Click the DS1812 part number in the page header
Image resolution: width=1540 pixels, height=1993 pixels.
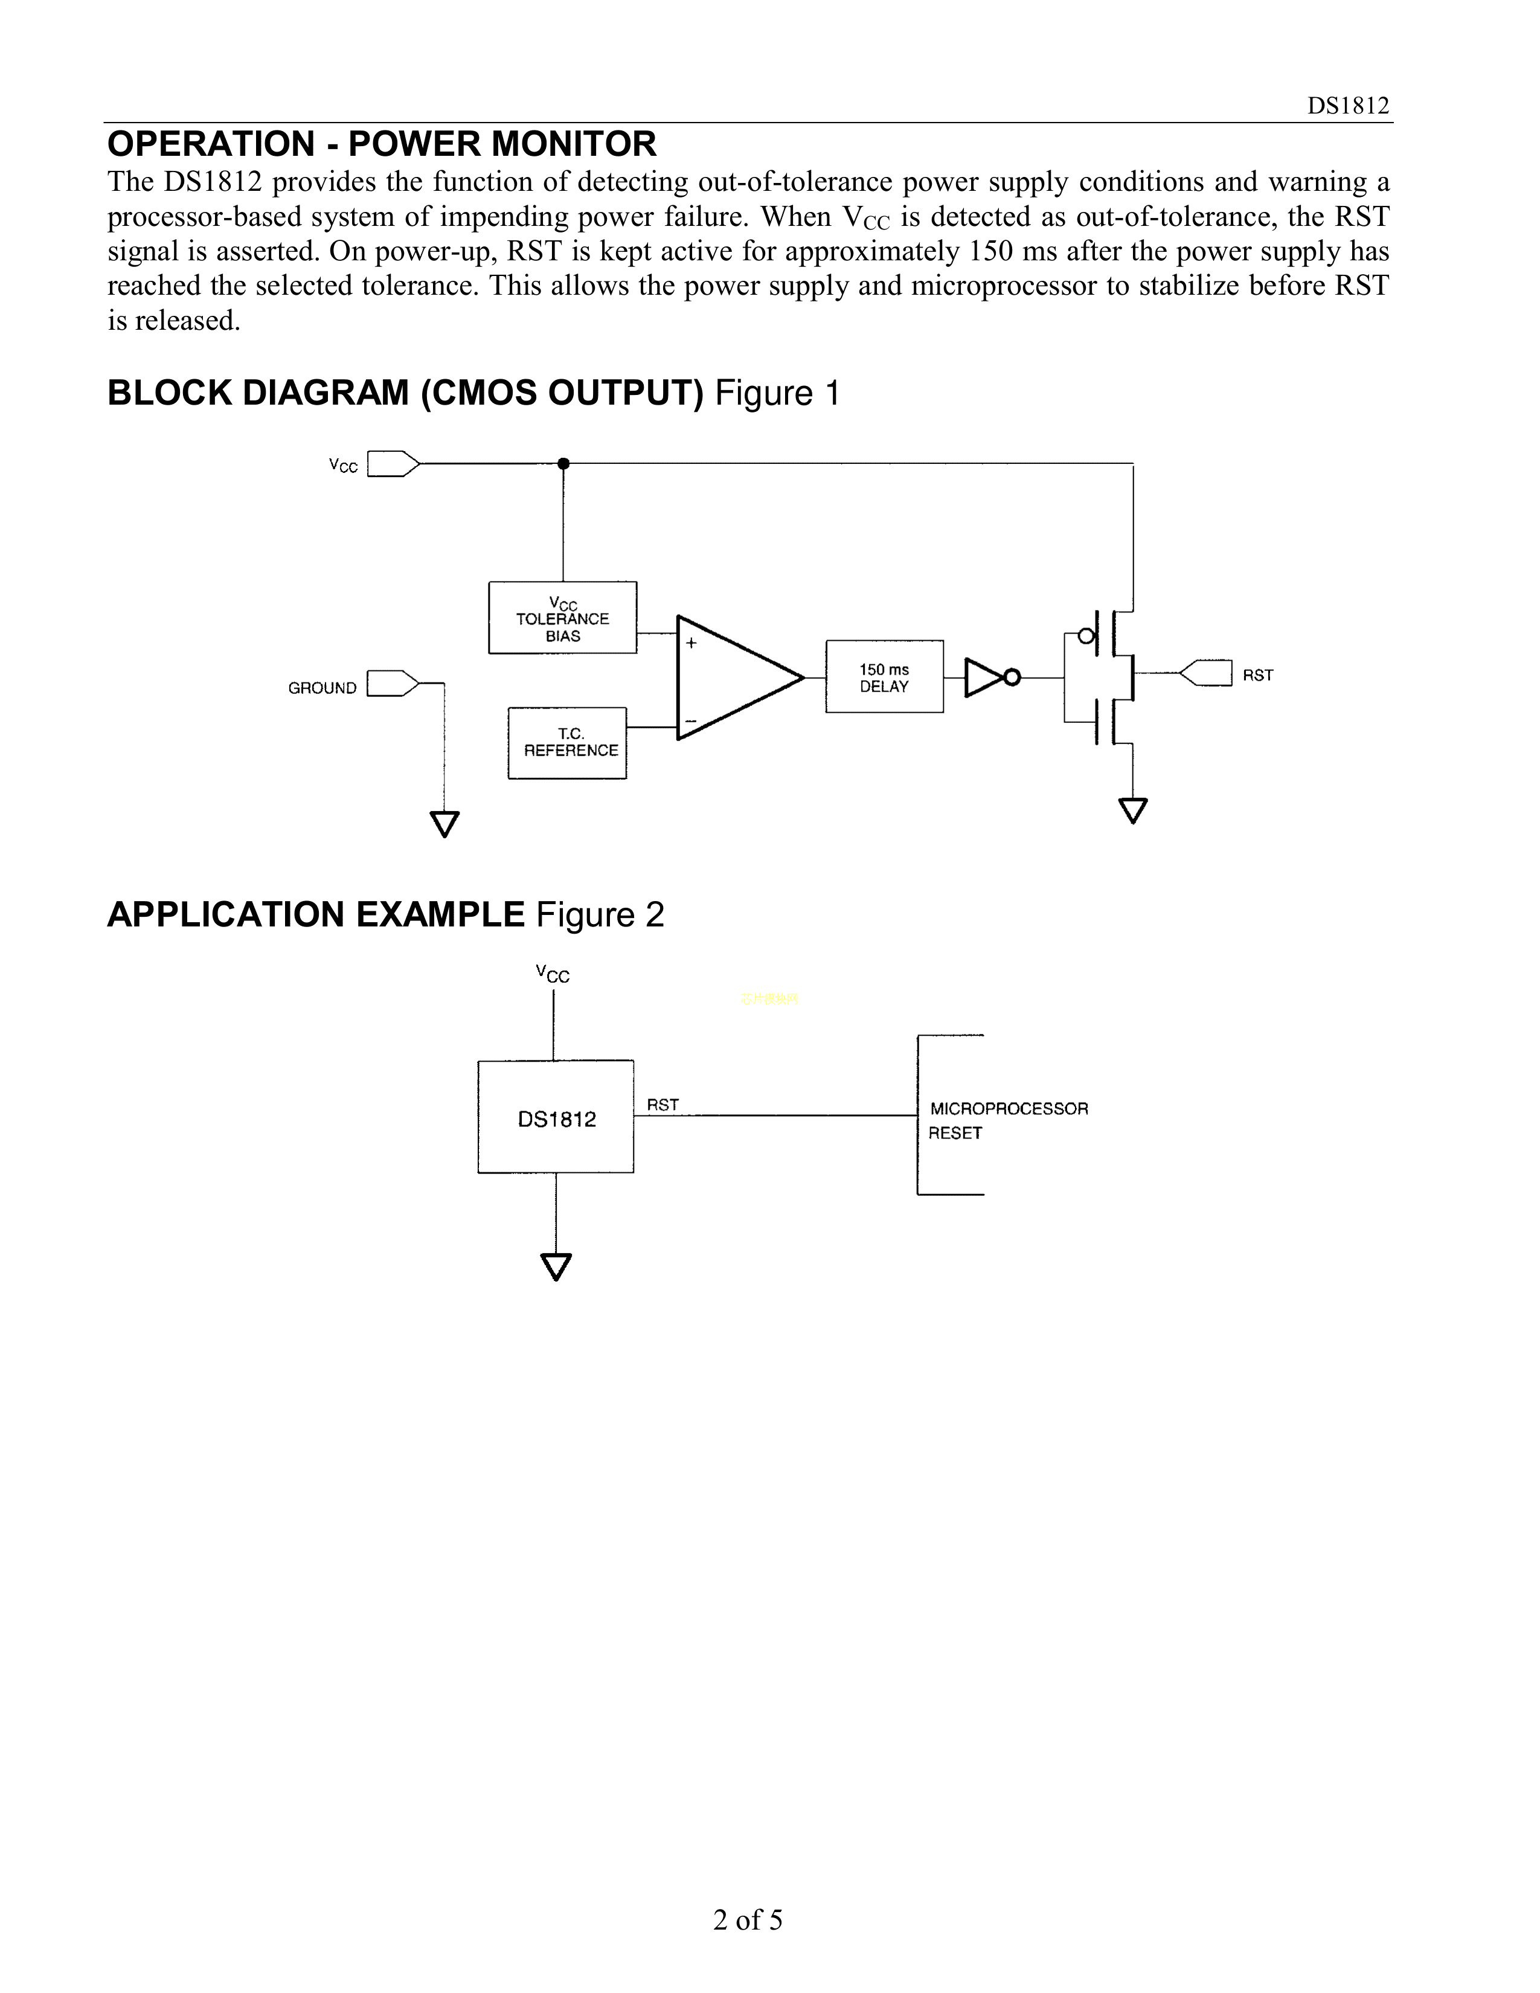(x=1347, y=106)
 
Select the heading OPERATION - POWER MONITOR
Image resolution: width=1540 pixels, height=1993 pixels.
(x=381, y=144)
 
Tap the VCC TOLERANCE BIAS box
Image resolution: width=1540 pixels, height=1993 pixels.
(x=563, y=618)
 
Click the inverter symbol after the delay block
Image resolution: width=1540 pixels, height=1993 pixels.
(x=990, y=677)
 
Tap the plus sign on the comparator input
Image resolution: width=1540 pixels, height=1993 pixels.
(x=691, y=643)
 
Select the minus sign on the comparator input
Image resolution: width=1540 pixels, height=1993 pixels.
(x=691, y=722)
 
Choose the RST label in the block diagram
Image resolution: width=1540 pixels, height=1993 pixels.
(x=1257, y=675)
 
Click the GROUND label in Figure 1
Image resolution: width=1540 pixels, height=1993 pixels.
(x=322, y=688)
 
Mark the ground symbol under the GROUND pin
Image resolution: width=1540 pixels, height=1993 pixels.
(x=444, y=823)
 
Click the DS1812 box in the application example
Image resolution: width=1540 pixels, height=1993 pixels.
(x=556, y=1117)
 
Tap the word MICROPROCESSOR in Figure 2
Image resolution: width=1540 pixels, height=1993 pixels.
(x=1008, y=1109)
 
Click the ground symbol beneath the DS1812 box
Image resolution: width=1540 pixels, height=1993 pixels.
(x=556, y=1266)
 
